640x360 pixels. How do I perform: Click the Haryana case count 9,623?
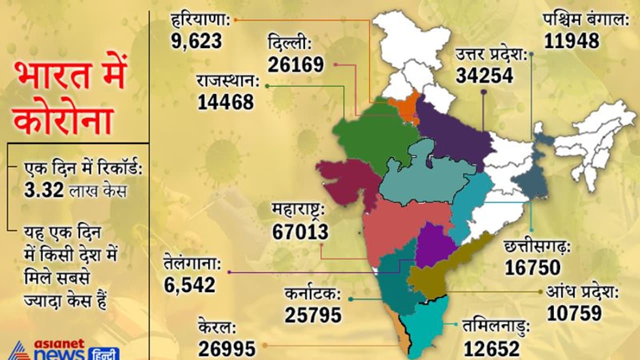coord(196,41)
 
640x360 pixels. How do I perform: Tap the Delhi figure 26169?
coord(295,64)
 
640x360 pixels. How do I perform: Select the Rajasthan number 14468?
coord(225,102)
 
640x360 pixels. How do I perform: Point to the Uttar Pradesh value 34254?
coord(484,75)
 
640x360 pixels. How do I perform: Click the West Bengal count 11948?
coord(571,41)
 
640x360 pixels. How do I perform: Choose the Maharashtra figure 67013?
coord(300,231)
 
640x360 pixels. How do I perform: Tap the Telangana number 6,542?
coord(189,284)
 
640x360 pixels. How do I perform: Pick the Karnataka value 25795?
coord(313,315)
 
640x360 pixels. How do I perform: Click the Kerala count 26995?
coord(227,348)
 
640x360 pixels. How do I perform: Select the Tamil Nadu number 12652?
coord(491,348)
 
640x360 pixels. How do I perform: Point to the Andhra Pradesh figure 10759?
coord(574,313)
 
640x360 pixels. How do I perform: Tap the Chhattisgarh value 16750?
coord(532,267)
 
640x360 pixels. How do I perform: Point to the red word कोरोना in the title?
coord(62,120)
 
